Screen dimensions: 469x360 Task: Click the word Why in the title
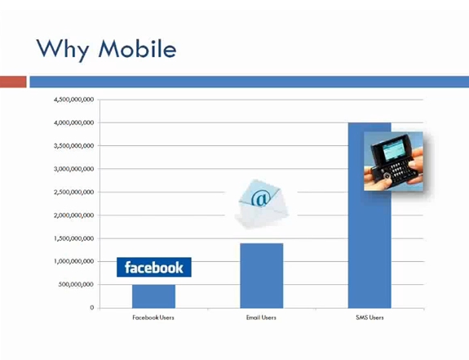click(x=62, y=50)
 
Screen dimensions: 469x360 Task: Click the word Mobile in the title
click(x=137, y=48)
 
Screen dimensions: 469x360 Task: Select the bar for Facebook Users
click(x=153, y=296)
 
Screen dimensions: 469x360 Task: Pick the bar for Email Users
click(x=262, y=276)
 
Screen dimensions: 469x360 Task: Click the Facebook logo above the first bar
click(x=154, y=267)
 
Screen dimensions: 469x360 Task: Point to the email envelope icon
click(x=261, y=204)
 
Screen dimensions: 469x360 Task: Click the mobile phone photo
click(x=393, y=162)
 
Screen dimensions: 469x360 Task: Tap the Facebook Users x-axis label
click(x=153, y=318)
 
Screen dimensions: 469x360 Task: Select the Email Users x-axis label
click(x=261, y=318)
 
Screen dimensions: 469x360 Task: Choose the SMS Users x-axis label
click(x=369, y=318)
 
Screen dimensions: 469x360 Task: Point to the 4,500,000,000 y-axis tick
click(x=74, y=100)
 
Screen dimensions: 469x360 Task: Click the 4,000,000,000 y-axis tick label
click(x=74, y=122)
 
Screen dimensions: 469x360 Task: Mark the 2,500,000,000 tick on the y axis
click(x=74, y=192)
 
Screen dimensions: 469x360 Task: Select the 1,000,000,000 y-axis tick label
click(x=74, y=261)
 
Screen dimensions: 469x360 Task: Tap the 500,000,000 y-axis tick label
click(x=76, y=285)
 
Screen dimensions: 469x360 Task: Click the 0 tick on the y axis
click(x=92, y=308)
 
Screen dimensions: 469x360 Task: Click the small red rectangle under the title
click(x=13, y=82)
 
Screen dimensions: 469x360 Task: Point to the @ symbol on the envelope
click(x=261, y=198)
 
